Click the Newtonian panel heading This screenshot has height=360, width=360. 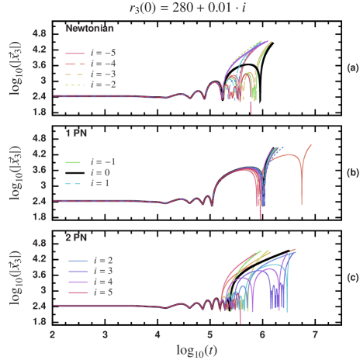pos(90,29)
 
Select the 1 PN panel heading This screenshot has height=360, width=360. pos(76,133)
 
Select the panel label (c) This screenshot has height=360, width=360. pos(351,277)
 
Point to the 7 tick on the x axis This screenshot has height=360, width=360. pos(315,334)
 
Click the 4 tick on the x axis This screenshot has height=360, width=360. pos(157,334)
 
